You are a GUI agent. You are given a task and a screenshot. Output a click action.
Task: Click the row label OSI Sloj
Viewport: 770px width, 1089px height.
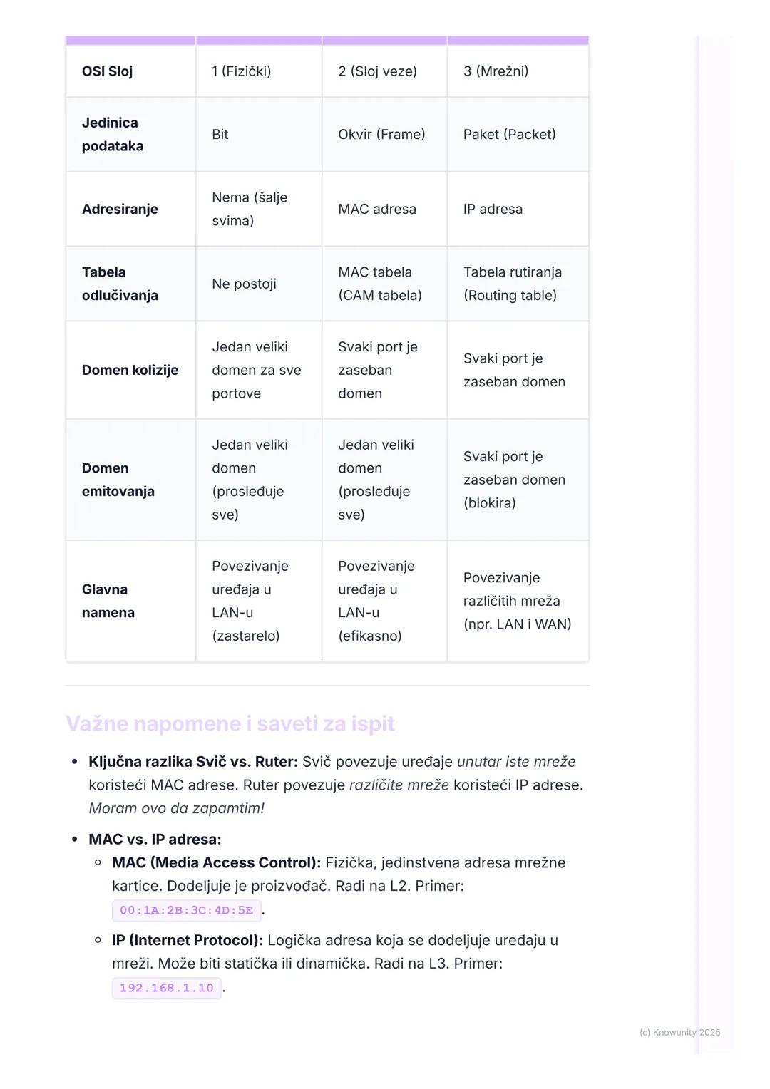point(107,71)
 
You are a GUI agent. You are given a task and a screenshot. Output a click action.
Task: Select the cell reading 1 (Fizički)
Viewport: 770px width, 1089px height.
point(241,71)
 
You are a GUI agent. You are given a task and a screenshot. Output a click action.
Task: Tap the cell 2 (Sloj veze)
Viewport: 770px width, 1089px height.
point(377,71)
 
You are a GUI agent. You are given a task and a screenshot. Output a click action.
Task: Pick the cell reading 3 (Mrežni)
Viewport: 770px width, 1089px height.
point(496,71)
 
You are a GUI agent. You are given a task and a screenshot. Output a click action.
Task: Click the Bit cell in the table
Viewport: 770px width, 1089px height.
point(220,135)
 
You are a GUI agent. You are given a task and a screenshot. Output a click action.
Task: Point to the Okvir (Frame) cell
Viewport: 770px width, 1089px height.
point(381,135)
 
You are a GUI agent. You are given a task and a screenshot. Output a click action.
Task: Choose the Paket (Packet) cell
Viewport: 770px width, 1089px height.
point(509,135)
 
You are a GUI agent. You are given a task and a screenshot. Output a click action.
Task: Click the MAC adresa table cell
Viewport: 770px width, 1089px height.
point(377,210)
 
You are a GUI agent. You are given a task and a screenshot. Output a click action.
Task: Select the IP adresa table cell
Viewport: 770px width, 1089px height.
point(493,210)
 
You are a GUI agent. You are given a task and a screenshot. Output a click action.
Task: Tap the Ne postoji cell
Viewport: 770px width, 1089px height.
point(244,284)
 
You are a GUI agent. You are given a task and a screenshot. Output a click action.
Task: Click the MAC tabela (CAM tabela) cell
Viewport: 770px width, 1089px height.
point(379,284)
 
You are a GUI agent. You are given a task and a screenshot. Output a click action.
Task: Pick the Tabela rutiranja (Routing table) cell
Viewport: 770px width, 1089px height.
point(512,284)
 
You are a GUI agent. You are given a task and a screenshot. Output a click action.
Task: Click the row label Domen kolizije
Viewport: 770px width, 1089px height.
point(130,370)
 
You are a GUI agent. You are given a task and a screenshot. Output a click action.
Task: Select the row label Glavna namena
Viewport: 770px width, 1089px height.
point(108,601)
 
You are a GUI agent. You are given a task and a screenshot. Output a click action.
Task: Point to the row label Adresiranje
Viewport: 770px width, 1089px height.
point(120,210)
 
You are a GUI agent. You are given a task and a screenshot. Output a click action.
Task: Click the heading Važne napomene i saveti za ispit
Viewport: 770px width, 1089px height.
point(230,723)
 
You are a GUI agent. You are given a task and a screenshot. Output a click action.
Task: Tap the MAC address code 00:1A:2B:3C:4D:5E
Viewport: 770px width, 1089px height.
point(186,910)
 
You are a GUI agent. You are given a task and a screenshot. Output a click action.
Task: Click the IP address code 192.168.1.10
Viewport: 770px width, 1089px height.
point(166,988)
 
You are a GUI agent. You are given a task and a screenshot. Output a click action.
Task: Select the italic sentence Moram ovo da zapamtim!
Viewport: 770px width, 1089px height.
point(176,808)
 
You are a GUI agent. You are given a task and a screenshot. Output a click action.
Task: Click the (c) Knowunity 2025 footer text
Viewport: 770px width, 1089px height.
point(679,1032)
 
